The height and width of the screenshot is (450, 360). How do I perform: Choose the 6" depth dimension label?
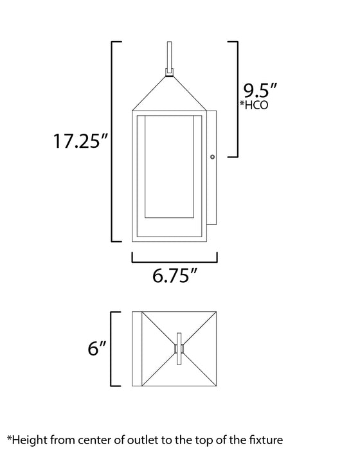coord(97,349)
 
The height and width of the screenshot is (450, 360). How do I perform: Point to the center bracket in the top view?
coord(179,349)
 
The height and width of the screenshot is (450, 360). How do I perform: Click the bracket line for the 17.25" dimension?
coord(114,141)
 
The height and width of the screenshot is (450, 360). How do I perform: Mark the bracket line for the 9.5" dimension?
coord(237,100)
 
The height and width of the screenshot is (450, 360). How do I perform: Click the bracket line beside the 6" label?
coord(114,349)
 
